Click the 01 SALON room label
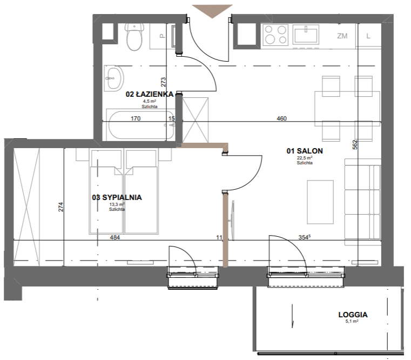[305, 151]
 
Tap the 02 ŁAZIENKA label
[150, 94]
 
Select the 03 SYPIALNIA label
[117, 197]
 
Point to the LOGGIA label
[353, 315]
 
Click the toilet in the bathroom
[134, 37]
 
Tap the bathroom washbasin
[114, 78]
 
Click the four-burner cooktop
[275, 34]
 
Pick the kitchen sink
[306, 34]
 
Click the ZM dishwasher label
[342, 36]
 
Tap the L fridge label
[368, 36]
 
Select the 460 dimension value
[281, 118]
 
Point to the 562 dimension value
[355, 144]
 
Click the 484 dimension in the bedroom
[115, 237]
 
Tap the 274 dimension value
[60, 207]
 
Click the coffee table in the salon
[320, 202]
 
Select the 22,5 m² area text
[305, 158]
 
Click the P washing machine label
[163, 36]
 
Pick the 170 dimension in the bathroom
[136, 118]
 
